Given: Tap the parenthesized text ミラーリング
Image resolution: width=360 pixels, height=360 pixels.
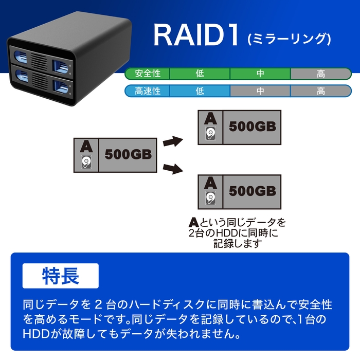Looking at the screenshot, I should [288, 39].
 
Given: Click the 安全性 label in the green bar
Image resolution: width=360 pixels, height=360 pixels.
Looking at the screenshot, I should [148, 74].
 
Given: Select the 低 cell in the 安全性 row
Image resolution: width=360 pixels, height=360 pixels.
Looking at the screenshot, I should [200, 74].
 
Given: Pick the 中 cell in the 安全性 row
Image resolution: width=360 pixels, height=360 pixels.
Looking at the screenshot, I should [260, 74].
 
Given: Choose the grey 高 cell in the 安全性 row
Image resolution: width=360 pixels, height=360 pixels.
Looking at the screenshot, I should [320, 74].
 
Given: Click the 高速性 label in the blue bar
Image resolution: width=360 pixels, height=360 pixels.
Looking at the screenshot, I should [148, 91].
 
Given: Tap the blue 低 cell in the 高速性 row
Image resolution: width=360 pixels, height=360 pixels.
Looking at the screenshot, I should [200, 91].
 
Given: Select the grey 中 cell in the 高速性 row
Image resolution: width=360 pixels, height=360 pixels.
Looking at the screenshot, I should [260, 91].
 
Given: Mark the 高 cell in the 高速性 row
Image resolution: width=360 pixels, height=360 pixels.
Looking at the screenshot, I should [320, 91].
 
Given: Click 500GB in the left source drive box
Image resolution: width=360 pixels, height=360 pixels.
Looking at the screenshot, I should [128, 154].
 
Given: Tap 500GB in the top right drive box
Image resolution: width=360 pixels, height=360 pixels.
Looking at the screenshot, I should [252, 127].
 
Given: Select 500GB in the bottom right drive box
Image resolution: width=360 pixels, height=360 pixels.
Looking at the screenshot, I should [252, 191].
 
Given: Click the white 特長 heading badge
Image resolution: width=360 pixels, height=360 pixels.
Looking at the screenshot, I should [60, 276].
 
